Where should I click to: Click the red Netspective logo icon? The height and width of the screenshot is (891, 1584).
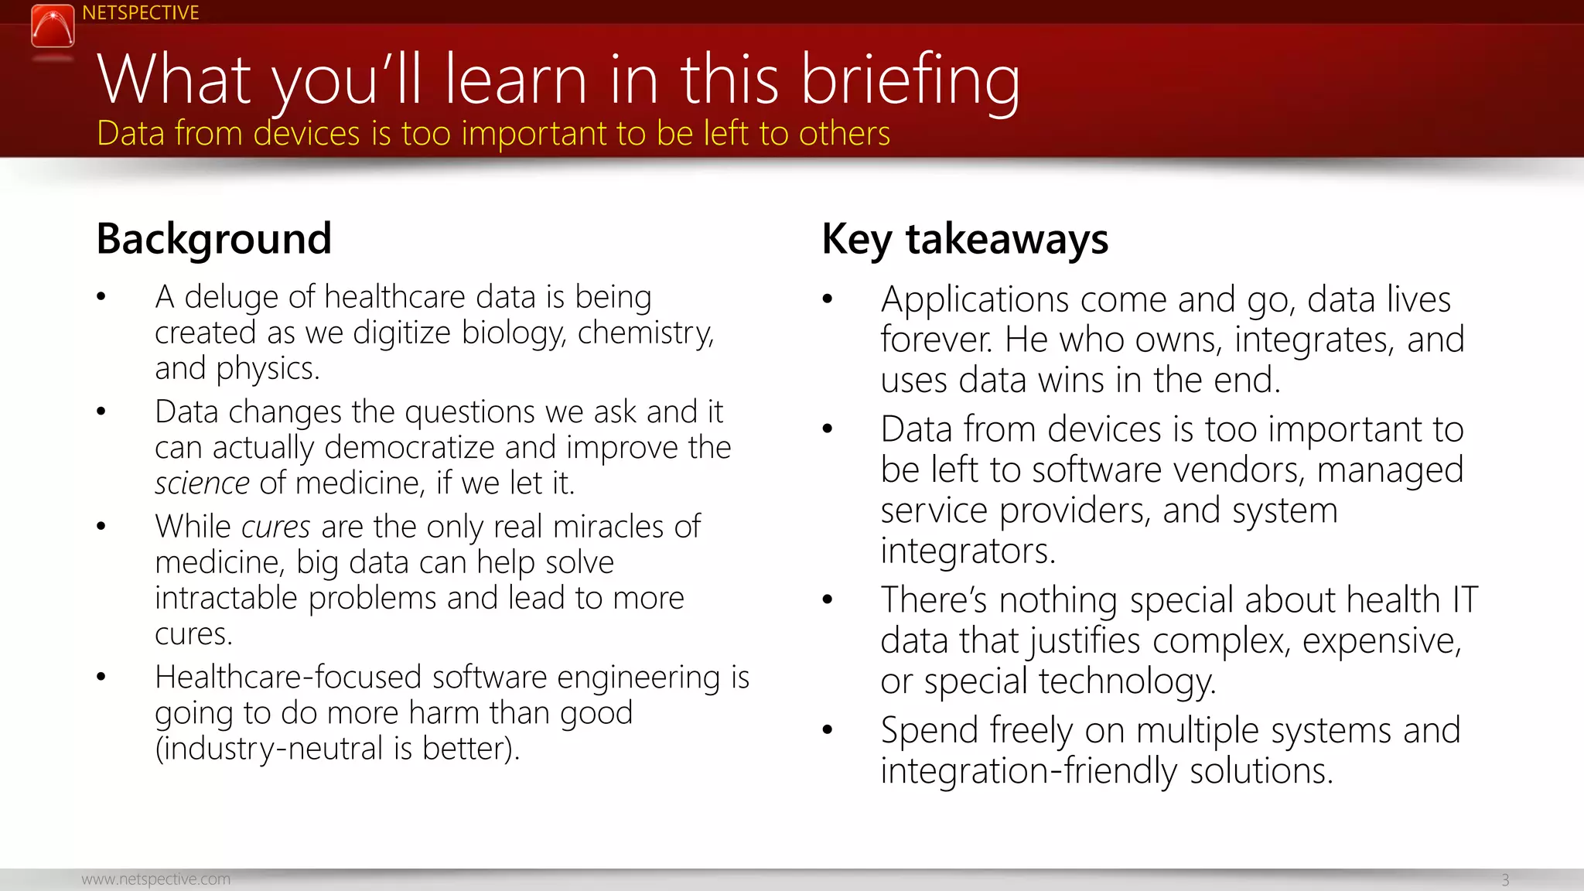[x=53, y=26]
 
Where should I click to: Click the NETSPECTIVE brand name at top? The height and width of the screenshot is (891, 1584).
[x=140, y=13]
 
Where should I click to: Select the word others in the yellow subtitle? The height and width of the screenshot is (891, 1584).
[x=844, y=134]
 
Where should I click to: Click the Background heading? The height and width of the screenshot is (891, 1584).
[x=213, y=238]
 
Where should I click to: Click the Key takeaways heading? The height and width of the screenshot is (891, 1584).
[x=964, y=238]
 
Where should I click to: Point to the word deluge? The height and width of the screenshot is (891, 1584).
[x=231, y=298]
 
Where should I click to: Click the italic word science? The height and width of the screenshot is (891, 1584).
[x=202, y=483]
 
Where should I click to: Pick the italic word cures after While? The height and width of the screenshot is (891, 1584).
[x=275, y=527]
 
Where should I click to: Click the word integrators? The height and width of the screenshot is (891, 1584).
[x=967, y=551]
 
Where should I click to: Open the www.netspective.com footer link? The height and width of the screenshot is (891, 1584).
[x=155, y=879]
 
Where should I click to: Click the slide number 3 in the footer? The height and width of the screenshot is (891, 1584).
[x=1504, y=880]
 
